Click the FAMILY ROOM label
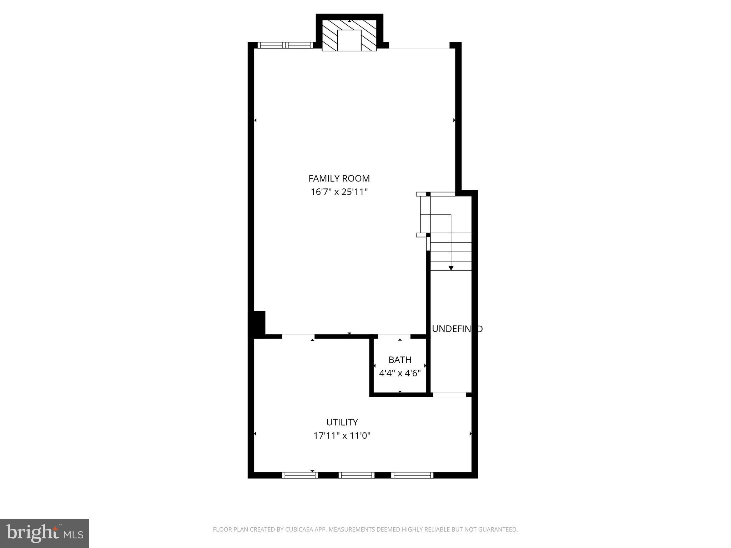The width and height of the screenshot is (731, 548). tap(339, 178)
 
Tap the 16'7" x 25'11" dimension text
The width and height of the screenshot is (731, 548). tap(339, 192)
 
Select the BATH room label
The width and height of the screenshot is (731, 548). tap(400, 360)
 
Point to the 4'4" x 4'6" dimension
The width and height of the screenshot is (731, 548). tap(400, 373)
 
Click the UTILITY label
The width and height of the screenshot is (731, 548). tap(342, 422)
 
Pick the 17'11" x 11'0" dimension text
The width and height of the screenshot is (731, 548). tap(342, 436)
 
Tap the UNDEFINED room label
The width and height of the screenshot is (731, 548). tap(457, 329)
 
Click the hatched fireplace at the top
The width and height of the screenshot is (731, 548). tap(349, 36)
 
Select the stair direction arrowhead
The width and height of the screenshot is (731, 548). tap(451, 268)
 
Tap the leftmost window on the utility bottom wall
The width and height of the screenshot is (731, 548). tap(300, 475)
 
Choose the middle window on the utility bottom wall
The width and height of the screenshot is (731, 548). tap(356, 475)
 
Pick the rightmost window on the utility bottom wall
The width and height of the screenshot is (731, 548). tap(412, 475)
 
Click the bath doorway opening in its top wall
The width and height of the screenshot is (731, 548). tap(394, 336)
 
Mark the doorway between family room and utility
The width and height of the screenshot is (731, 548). tap(298, 336)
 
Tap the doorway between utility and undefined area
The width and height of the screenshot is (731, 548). tap(450, 395)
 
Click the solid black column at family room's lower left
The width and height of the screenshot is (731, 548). tap(259, 323)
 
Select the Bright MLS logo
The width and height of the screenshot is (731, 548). tap(45, 533)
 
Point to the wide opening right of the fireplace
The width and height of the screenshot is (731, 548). tap(419, 46)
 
